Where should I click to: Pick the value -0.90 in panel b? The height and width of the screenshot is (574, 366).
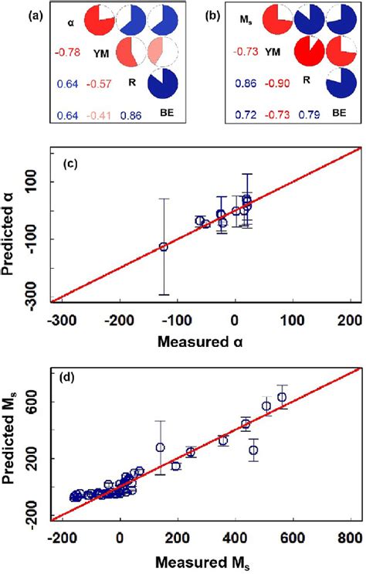pyautogui.click(x=265, y=85)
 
